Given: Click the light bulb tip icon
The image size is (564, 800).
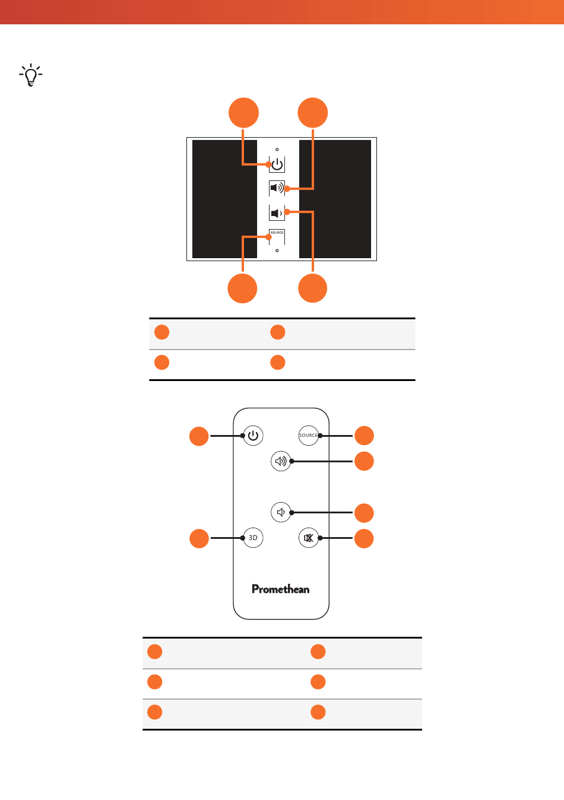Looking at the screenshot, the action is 31,75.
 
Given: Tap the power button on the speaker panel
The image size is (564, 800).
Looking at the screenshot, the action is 277,164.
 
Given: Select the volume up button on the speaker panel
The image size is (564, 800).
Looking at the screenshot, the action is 277,188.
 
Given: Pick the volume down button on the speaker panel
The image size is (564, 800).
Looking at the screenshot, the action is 277,213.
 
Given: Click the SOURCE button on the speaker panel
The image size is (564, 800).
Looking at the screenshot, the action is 277,237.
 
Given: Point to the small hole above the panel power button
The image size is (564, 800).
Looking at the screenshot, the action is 277,150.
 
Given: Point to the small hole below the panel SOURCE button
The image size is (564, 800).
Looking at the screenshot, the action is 277,250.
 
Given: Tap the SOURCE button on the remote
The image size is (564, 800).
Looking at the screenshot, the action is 308,436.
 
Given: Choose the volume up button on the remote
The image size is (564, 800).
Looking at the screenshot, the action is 281,461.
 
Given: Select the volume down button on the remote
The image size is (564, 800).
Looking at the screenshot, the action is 281,512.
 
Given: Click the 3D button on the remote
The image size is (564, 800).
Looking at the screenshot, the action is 253,538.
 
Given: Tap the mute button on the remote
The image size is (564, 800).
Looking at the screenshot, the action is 308,538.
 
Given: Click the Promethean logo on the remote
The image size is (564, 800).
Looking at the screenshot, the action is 280,589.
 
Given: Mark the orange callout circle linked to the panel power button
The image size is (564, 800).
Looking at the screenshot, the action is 243,113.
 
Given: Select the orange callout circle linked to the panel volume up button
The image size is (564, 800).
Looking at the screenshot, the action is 312,113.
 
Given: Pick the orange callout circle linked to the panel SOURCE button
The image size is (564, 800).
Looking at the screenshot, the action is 242,288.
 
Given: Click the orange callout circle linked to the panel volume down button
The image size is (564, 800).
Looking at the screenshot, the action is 312,288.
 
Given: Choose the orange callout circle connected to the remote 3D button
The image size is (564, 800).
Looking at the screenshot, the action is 199,538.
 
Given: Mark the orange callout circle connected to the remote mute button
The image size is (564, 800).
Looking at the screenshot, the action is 364,538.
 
